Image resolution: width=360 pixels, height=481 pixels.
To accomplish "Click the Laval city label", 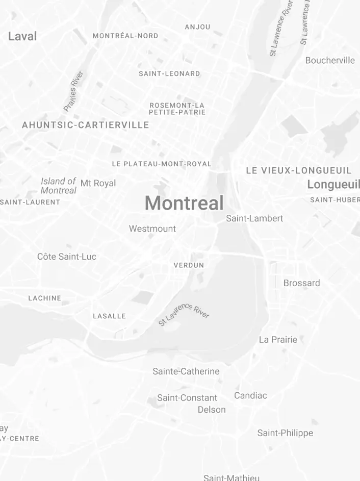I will (22, 36).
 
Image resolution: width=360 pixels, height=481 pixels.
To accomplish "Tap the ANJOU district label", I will (197, 27).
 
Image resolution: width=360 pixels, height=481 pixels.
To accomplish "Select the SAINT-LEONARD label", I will (169, 73).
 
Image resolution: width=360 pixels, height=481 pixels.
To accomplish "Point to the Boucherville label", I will (330, 60).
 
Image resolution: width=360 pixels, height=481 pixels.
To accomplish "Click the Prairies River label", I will (73, 91).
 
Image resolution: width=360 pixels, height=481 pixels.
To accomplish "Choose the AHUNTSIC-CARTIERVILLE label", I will (86, 125).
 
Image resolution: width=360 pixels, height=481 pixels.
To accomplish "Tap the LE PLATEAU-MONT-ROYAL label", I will (161, 164).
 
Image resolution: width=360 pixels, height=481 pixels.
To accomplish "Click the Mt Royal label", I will (98, 183).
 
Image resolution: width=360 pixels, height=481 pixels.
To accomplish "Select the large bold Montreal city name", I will (184, 203).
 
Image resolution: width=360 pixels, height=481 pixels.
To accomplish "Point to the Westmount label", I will (152, 229).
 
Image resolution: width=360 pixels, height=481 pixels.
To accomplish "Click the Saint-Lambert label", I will (254, 218).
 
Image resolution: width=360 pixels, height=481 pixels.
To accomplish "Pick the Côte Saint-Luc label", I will (67, 257).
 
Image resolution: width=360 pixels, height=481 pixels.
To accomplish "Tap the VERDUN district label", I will (189, 265).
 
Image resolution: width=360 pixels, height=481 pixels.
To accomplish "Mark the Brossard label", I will (302, 283).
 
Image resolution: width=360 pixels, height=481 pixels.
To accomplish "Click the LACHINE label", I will (45, 298).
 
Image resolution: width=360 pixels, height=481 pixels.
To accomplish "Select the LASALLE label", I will (109, 316).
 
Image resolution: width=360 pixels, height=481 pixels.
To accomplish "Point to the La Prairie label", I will (278, 340).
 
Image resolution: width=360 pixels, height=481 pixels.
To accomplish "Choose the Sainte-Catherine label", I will (186, 371).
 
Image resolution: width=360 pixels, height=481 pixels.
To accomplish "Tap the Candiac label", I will (250, 395).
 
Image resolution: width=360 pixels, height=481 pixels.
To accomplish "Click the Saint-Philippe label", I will (285, 433).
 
